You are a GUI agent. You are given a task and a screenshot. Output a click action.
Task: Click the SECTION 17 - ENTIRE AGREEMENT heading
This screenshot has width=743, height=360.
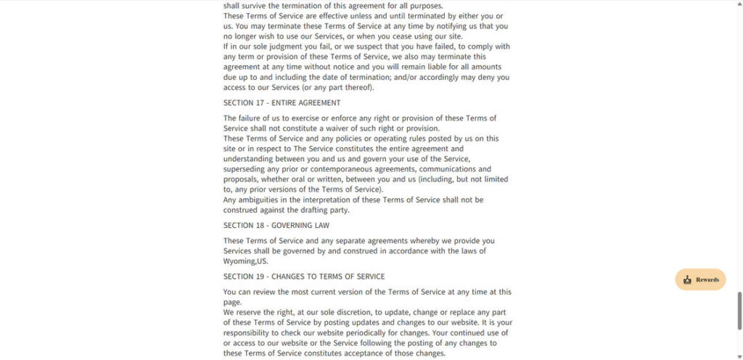click(282, 103)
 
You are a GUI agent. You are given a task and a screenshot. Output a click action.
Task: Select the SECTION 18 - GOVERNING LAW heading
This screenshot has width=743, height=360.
click(276, 226)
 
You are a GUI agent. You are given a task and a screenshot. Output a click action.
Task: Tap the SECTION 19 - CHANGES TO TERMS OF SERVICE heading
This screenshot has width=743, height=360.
click(304, 277)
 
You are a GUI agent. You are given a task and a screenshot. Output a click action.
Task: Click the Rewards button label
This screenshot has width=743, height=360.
click(707, 280)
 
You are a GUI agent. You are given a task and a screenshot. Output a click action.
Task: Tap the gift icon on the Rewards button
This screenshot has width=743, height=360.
click(687, 280)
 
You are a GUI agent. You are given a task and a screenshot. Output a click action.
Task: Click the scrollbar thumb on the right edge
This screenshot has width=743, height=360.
click(739, 311)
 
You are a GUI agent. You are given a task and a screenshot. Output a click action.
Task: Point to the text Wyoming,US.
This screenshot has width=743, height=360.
click(245, 261)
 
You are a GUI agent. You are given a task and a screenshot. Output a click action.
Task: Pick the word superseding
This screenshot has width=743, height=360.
click(245, 169)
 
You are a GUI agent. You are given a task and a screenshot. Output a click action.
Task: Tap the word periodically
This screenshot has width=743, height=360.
click(375, 332)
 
